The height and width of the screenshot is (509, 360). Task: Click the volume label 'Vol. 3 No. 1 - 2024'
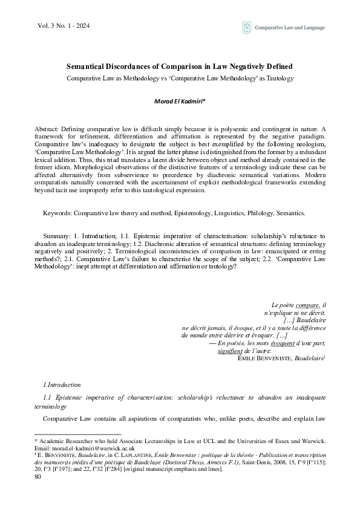coord(56,27)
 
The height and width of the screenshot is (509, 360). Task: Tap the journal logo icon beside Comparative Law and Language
coord(247,27)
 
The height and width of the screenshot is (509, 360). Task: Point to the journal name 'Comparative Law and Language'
coord(290,27)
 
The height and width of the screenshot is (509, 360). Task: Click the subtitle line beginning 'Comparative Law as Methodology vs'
coord(180,79)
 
